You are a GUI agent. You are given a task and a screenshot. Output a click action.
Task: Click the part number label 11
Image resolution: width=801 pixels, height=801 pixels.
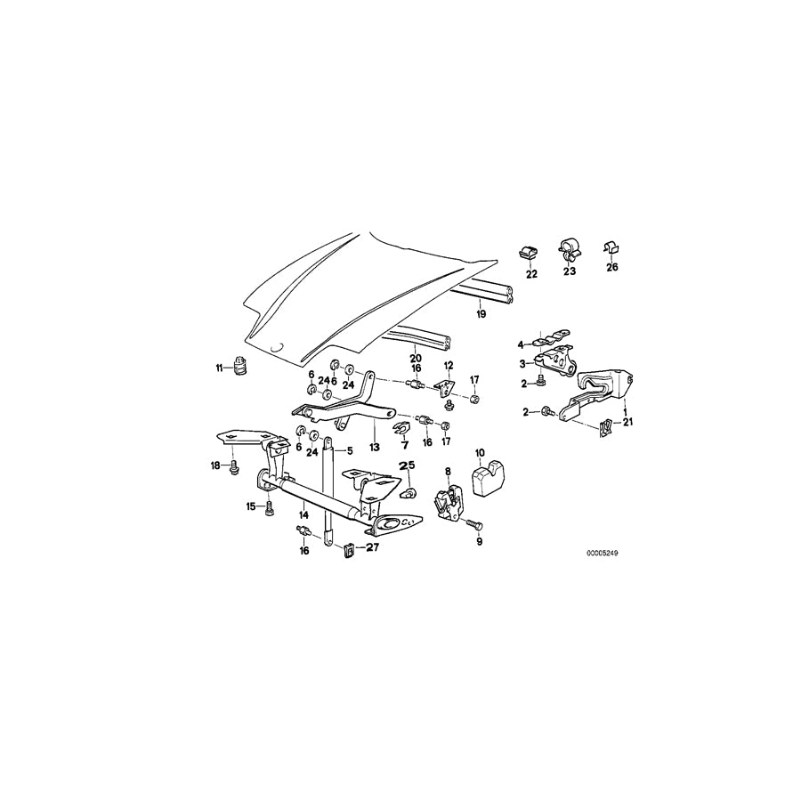pos(219,368)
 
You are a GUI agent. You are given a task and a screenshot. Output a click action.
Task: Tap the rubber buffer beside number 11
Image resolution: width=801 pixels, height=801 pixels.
pos(239,365)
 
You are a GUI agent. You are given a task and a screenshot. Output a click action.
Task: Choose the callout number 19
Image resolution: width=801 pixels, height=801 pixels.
pos(480,314)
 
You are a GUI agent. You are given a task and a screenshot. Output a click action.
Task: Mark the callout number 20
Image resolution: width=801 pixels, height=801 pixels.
pos(415,358)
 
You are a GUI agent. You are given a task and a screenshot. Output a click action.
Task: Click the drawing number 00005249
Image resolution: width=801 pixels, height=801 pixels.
pos(602,553)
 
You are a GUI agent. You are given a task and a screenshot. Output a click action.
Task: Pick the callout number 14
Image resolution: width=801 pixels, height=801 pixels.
pos(303,514)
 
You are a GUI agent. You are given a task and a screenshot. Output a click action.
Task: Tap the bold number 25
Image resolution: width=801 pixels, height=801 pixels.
pos(407,465)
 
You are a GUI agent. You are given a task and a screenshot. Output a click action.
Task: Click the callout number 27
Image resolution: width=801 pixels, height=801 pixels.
pos(372,548)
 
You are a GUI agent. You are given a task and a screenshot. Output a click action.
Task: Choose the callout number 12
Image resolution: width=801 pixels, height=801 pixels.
pos(449,365)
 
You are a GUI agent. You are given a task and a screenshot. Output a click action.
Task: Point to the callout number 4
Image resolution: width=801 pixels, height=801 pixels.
pos(522,344)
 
